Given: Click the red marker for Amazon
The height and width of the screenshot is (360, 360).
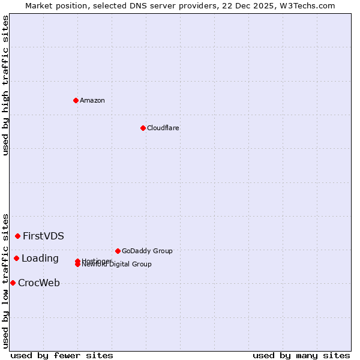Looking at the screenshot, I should coord(76,100).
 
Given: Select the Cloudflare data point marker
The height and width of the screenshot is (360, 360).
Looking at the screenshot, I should coord(143,128).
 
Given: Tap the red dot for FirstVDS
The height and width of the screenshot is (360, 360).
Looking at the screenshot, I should coord(18,236).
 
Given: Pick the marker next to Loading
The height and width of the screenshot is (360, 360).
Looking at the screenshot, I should coord(16,258).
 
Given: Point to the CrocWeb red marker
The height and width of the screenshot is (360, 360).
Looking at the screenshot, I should coord(13,283).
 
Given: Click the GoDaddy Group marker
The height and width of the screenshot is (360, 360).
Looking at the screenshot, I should coord(118,251).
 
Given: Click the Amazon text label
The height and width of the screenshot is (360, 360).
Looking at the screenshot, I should coord(92,100).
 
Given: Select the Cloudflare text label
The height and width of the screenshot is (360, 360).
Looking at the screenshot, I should coord(163,128).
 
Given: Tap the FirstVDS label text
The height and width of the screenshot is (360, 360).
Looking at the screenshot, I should coord(43,236).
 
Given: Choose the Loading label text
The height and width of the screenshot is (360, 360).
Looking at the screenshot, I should coord(40,259).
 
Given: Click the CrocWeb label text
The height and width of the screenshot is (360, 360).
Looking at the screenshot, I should coord(39,283).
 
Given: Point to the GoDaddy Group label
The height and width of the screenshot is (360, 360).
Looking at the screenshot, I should coord(147,251).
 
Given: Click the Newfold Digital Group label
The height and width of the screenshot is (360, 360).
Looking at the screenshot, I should coord(118,265).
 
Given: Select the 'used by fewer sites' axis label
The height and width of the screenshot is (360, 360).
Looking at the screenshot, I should coord(62,355).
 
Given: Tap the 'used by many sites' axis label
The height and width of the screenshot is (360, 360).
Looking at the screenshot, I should coord(301,355).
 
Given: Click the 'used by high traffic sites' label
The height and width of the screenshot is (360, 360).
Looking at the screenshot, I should coord(6,85).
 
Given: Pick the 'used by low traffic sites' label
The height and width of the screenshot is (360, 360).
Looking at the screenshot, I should coord(6,280).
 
